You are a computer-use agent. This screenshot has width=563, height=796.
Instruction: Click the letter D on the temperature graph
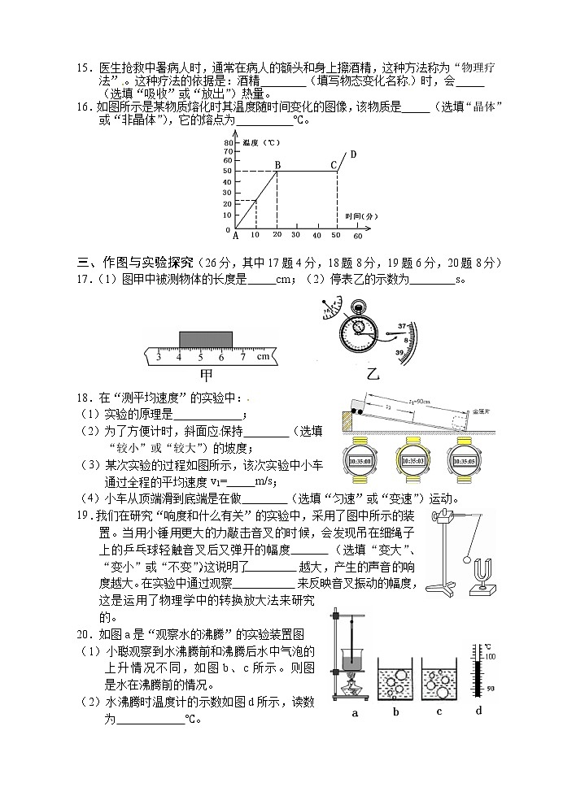353,154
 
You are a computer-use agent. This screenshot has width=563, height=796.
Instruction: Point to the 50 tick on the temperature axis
227,172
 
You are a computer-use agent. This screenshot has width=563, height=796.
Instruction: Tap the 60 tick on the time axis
357,236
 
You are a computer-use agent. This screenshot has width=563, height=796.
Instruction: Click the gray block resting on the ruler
205,338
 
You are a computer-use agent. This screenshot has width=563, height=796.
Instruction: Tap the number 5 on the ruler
199,356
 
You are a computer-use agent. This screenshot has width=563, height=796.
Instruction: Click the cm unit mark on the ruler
263,356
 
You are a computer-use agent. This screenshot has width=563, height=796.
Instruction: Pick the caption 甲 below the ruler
206,375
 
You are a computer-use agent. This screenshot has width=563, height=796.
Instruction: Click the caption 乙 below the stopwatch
373,375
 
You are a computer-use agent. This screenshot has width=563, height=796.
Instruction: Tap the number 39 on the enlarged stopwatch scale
400,353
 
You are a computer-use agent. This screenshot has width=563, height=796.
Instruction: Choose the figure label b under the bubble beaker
395,713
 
